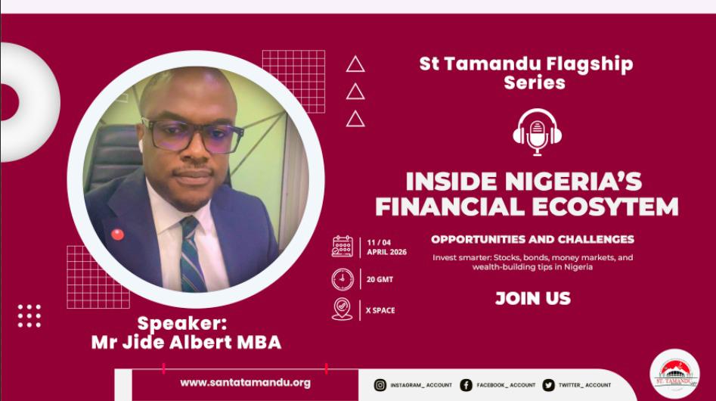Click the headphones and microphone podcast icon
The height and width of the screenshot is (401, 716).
(537, 132)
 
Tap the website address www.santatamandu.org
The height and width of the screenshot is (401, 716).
(245, 383)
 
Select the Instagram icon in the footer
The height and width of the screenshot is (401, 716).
(380, 385)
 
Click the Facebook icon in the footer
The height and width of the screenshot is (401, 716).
(466, 385)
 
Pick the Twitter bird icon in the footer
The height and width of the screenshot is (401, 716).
(548, 385)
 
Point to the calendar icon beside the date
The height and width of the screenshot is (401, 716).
(343, 247)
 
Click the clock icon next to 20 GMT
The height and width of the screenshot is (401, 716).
(343, 279)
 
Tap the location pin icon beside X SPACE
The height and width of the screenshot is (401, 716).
(343, 309)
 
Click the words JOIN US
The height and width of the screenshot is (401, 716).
(533, 298)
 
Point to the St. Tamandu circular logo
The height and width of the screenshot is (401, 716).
(674, 374)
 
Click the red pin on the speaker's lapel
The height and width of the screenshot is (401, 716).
(117, 235)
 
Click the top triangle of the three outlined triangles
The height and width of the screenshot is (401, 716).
(355, 64)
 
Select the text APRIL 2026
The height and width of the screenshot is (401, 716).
(387, 252)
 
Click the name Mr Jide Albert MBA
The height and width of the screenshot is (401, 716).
(186, 342)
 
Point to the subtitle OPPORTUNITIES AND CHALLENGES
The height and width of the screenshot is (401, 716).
(532, 239)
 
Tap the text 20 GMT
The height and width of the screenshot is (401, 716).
(380, 279)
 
